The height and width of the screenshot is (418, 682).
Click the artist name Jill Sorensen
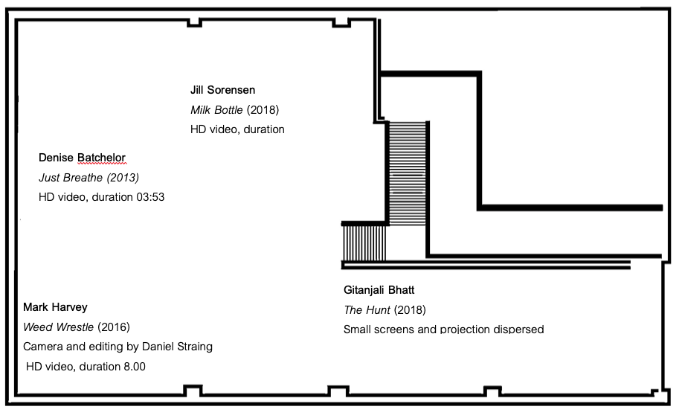222,90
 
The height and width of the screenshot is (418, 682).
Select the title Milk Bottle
216,110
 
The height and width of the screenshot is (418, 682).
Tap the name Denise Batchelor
83,158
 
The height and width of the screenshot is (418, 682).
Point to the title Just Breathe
71,178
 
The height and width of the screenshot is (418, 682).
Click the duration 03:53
150,197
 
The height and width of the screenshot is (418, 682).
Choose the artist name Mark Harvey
55,307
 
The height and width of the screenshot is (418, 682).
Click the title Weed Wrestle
58,327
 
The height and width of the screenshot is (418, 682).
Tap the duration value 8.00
135,367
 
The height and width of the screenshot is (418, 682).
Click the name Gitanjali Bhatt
379,290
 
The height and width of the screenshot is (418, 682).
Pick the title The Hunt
367,310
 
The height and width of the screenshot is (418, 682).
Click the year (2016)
114,327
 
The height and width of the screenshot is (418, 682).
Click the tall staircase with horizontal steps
407,173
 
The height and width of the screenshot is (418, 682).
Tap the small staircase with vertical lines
364,242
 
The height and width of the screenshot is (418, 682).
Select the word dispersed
518,329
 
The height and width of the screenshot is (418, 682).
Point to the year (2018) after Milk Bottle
263,110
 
